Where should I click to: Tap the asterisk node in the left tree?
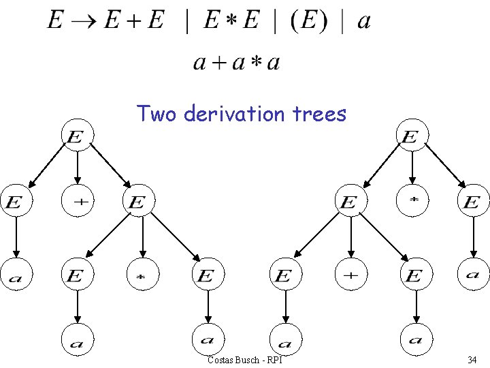pyautogui.click(x=142, y=275)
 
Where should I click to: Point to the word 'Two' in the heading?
pyautogui.click(x=156, y=113)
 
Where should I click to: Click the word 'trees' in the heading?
pyautogui.click(x=321, y=113)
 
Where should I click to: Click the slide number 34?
pyautogui.click(x=472, y=359)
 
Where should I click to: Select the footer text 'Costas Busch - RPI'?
pyautogui.click(x=244, y=359)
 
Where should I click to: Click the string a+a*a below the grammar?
pyautogui.click(x=237, y=63)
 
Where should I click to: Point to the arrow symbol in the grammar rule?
pyautogui.click(x=83, y=21)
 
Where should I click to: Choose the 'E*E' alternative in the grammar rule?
pyautogui.click(x=231, y=21)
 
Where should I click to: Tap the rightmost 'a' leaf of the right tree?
pyautogui.click(x=472, y=275)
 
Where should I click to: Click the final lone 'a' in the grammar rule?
pyautogui.click(x=364, y=21)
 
